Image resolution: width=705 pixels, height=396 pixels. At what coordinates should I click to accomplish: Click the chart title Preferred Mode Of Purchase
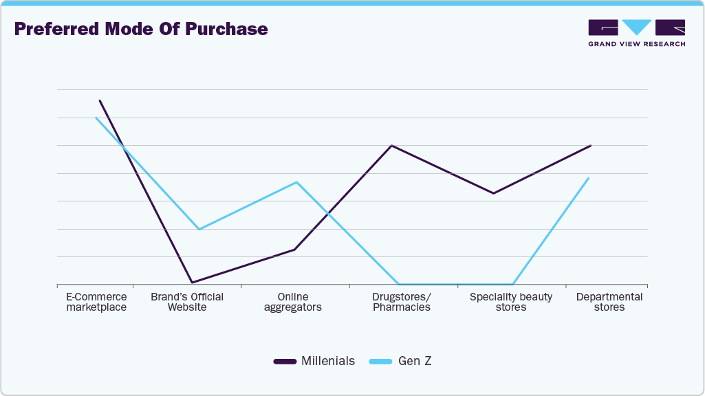[x=141, y=30]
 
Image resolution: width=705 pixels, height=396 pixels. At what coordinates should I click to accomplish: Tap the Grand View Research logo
[x=636, y=33]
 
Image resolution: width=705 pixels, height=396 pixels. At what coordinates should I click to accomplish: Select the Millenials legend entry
[x=315, y=361]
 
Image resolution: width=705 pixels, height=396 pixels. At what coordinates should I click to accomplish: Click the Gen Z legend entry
[x=401, y=361]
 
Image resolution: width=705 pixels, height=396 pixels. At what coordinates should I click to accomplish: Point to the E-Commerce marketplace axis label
[x=96, y=302]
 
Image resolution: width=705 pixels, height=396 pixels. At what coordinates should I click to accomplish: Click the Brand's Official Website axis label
[x=187, y=302]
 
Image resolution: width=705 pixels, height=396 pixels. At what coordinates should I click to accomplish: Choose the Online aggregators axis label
[x=293, y=302]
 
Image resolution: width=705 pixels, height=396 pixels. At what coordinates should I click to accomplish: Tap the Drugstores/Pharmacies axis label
[x=402, y=302]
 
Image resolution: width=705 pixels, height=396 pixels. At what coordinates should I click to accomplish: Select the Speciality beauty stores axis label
[x=511, y=302]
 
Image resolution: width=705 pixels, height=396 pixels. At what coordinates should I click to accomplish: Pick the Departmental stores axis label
[x=609, y=302]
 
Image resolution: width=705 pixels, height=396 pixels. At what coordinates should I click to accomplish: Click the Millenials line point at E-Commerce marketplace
[x=100, y=100]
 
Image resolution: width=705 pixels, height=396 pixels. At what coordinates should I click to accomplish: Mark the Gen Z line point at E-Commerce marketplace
[x=96, y=118]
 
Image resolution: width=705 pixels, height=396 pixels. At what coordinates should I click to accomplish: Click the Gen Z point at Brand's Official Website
[x=199, y=229]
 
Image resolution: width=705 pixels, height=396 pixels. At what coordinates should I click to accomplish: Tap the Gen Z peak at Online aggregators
[x=296, y=182]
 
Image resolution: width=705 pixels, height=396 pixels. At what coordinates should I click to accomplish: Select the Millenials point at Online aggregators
[x=294, y=250]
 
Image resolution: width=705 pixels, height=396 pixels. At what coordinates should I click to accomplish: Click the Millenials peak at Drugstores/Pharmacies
[x=391, y=146]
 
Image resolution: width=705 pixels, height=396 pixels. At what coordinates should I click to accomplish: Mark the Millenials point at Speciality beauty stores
[x=493, y=193]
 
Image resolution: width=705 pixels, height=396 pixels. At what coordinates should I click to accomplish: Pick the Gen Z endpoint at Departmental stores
[x=589, y=178]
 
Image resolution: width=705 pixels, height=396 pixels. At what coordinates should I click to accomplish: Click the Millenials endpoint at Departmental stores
[x=591, y=146]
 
